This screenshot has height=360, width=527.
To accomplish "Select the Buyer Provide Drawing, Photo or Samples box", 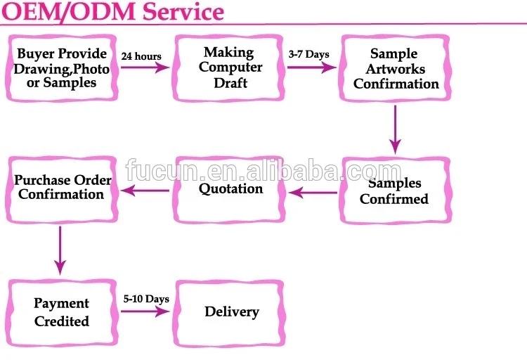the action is (62, 68).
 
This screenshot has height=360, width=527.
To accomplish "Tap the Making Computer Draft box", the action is (228, 68).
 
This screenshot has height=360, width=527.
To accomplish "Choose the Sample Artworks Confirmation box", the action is (395, 68).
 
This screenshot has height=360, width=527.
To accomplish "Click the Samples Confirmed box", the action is (395, 191).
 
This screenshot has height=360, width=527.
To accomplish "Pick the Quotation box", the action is (228, 190).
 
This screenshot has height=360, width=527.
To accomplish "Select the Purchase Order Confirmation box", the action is (62, 190).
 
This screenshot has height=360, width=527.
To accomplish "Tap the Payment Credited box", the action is (62, 313).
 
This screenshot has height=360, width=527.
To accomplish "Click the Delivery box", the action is (229, 313).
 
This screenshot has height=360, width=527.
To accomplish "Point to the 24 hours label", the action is (141, 56).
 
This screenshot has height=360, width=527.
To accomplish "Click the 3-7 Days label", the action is (309, 54).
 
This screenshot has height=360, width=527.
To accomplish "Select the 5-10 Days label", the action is (146, 299).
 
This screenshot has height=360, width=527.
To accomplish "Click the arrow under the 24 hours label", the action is (145, 67).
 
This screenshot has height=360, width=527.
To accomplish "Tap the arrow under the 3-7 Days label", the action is (311, 67).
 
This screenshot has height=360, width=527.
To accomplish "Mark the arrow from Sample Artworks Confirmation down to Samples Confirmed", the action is (395, 130).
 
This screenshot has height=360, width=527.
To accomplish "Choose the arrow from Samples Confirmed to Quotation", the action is (313, 193).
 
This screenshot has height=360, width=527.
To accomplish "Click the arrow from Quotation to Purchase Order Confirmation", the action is (145, 191).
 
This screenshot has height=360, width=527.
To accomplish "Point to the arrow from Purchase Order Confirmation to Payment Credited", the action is (60, 250).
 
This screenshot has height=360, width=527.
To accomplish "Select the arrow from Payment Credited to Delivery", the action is (145, 311).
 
